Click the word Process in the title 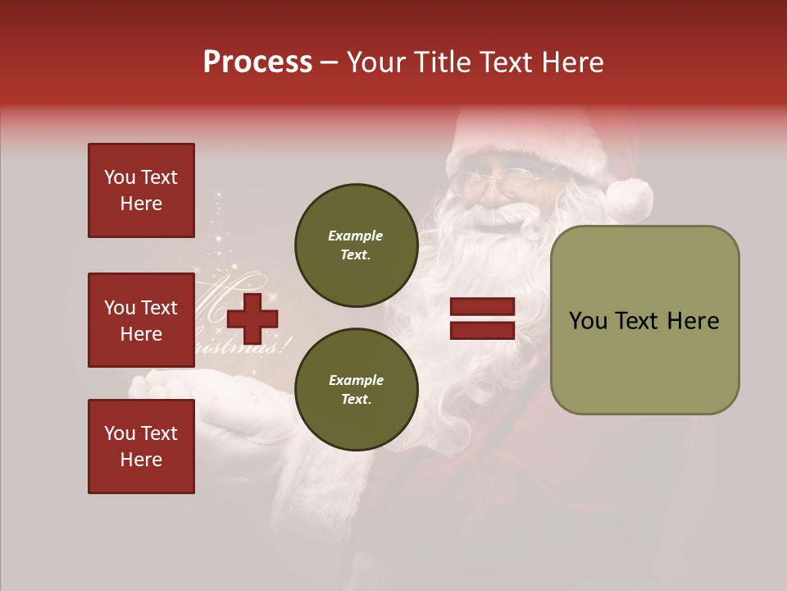257,62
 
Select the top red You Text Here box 141,190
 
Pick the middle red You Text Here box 141,320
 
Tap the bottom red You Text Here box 141,447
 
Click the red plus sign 252,318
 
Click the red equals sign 482,318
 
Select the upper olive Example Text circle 356,245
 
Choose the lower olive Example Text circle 356,390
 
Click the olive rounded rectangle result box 644,320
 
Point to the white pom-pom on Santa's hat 630,199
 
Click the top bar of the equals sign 482,307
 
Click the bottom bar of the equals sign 482,330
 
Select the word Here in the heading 572,62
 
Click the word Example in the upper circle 356,236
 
